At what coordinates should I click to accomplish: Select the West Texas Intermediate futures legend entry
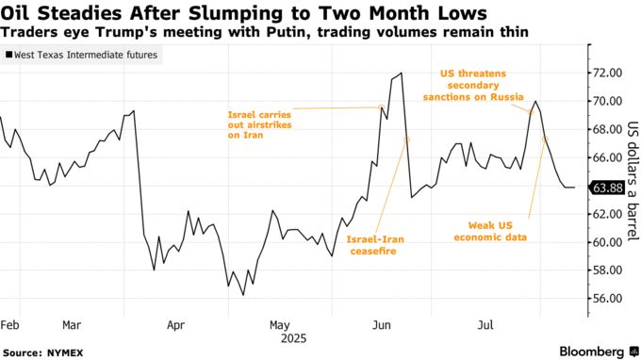(82, 57)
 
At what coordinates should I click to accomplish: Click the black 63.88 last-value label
(606, 188)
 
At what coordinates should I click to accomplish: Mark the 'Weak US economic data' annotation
(499, 231)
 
